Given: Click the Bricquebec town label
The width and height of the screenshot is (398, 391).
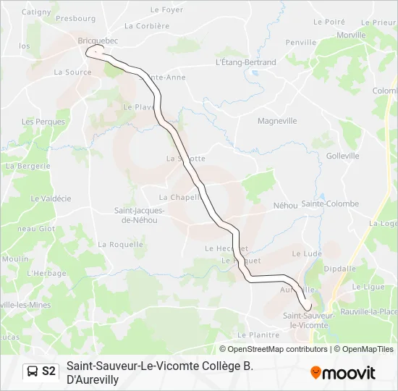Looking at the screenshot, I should click(x=97, y=41).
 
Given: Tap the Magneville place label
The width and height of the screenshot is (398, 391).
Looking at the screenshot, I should click(x=277, y=121).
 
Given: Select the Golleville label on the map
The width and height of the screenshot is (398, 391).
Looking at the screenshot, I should click(x=342, y=156).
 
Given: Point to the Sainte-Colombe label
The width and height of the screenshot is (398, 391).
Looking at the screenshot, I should click(x=330, y=203).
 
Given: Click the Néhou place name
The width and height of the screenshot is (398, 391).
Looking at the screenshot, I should click(x=285, y=206).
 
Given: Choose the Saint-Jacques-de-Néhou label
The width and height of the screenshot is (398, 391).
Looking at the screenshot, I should click(x=140, y=215).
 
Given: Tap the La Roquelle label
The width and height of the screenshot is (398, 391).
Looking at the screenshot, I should click(x=121, y=245).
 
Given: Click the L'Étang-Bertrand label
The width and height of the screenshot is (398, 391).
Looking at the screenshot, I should click(x=246, y=62).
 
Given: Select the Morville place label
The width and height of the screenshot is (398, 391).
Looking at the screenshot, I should click(x=351, y=35).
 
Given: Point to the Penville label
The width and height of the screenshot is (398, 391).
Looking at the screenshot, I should click(x=301, y=43).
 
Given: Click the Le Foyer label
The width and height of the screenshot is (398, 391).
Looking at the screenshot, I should click(x=166, y=10).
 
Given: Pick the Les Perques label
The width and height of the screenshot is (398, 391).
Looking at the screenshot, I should click(x=43, y=122).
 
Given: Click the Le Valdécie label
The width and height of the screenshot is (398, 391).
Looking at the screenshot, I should click(x=51, y=198).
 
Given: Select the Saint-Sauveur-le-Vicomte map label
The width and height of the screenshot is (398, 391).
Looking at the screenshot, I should click(x=308, y=321).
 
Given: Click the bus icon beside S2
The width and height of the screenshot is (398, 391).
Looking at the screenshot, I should click(x=33, y=371).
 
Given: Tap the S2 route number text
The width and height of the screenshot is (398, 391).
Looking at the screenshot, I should click(x=48, y=371).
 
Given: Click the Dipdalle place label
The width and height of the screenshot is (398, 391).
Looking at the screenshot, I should click(x=339, y=268).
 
